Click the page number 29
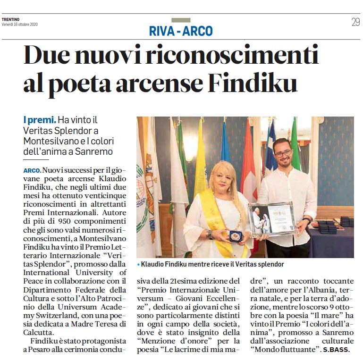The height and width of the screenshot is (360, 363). coord(355,22)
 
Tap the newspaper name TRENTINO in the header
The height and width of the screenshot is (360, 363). coord(10,19)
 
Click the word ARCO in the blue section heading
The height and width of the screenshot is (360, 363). coord(197,31)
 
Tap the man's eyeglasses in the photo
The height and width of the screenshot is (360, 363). coord(283,154)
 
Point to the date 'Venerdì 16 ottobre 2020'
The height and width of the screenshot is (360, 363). coord(20,24)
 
